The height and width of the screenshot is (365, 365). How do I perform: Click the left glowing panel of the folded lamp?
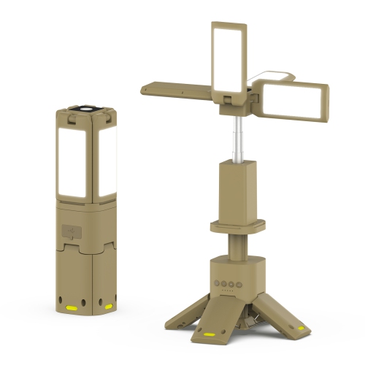click(74, 161)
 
